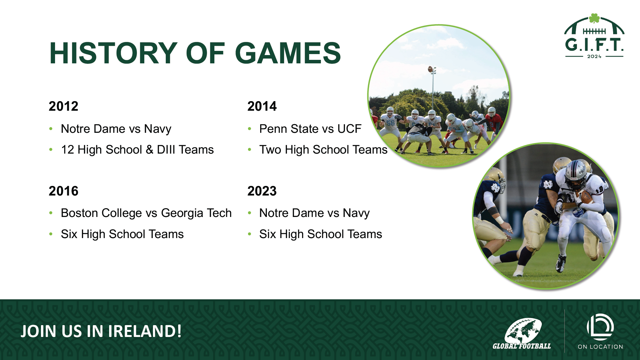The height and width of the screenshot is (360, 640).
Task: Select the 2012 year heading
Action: click(63, 106)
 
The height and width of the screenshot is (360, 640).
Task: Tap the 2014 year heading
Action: click(262, 106)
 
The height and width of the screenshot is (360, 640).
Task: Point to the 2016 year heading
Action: click(63, 191)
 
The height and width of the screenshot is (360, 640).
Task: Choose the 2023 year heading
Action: click(262, 191)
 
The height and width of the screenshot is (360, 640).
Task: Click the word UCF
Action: click(349, 129)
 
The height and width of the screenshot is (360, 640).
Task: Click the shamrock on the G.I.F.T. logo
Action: click(594, 18)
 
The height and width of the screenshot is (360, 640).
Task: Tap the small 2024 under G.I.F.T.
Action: click(594, 57)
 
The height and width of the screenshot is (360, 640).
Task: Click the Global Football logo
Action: click(522, 333)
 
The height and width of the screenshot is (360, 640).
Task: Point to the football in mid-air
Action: click(430, 69)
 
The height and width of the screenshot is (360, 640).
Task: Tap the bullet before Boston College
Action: click(51, 213)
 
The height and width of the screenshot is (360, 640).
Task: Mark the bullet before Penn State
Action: click(250, 129)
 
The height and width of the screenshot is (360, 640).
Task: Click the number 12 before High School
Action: click(68, 150)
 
